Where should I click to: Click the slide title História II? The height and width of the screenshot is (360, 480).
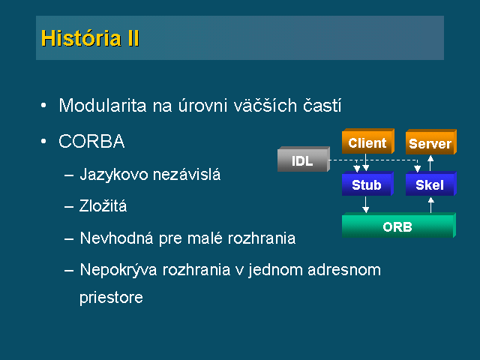tap(90, 38)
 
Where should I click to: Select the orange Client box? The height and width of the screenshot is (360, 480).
tap(368, 141)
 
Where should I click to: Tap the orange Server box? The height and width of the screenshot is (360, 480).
tap(431, 142)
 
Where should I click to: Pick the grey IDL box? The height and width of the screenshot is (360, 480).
tap(304, 159)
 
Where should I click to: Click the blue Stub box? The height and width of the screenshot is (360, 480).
tap(367, 183)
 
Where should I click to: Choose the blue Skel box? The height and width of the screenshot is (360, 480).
tap(431, 183)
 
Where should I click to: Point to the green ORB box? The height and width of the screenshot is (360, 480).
tap(398, 225)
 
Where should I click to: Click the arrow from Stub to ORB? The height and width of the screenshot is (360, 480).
tap(365, 205)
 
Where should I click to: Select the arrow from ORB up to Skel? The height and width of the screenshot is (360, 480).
tap(431, 205)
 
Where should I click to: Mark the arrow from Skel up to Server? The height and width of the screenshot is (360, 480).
tap(430, 163)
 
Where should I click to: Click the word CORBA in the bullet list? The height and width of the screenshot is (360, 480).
tap(91, 142)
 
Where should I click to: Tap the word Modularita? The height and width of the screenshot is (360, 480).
tap(103, 106)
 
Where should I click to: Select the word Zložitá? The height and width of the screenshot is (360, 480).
tap(103, 205)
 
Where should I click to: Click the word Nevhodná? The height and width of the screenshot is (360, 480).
tap(116, 238)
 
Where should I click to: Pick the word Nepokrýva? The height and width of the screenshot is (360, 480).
tap(118, 270)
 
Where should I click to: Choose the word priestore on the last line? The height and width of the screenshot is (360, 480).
tap(111, 297)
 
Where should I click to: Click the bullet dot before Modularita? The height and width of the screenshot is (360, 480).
tap(43, 105)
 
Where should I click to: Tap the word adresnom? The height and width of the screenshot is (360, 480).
tap(344, 270)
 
